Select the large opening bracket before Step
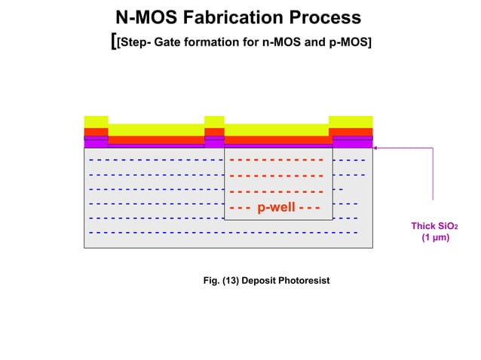click(114, 41)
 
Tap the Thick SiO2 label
click(434, 226)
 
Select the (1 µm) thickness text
click(435, 238)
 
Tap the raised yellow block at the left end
click(96, 121)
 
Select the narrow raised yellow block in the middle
click(214, 121)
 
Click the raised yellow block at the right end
click(351, 121)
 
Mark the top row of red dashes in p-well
click(277, 160)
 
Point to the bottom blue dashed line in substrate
click(223, 233)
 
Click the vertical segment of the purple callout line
click(433, 173)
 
